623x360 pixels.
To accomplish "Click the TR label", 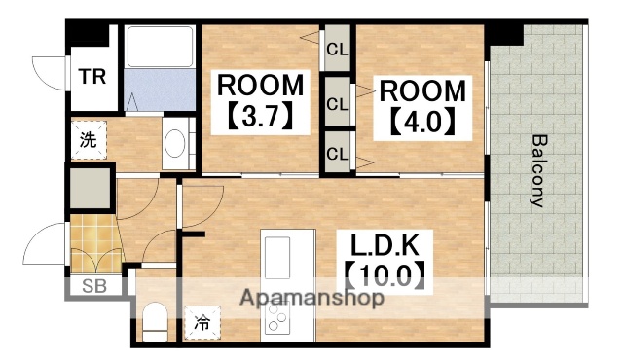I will [93, 77].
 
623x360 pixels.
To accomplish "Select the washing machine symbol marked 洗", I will [89, 139].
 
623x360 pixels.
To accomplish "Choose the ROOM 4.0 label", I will [422, 91].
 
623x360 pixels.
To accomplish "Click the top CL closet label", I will [338, 48].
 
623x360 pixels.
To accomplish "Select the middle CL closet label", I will [338, 103].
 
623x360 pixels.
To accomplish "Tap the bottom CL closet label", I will [338, 153].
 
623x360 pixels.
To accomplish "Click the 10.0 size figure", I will [384, 274].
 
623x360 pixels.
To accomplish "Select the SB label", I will [94, 286].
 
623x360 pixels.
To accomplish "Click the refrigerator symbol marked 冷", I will [202, 320].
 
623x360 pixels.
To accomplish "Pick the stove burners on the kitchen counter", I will [276, 318].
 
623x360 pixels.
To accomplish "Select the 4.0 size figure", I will [422, 124].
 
